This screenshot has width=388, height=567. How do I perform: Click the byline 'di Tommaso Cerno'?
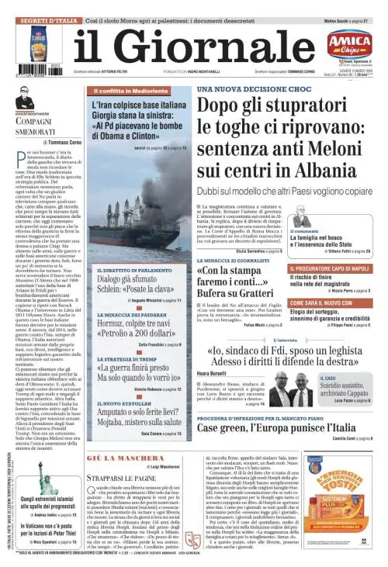point(64,143)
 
